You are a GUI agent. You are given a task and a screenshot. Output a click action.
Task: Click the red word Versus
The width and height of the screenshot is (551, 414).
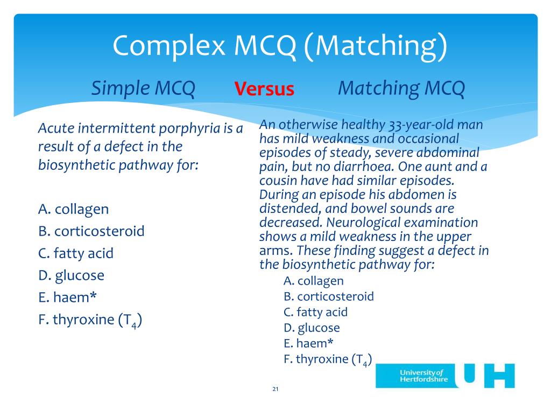click(264, 89)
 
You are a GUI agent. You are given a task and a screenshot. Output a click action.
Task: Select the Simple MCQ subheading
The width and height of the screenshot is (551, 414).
click(143, 88)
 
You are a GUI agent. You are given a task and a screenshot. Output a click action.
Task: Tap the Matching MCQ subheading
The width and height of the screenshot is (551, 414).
click(401, 88)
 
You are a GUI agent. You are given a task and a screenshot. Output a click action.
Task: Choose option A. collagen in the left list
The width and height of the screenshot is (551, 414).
click(74, 209)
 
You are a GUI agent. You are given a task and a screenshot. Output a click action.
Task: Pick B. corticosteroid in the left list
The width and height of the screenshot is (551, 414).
click(91, 231)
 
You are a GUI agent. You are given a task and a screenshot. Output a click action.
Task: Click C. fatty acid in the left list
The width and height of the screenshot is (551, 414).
click(76, 253)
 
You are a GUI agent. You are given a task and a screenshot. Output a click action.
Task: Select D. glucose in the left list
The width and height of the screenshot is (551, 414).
click(72, 275)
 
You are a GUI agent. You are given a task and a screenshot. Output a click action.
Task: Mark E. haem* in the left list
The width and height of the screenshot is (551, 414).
click(67, 298)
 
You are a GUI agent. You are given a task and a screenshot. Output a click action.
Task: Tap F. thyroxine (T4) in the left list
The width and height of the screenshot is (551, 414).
click(90, 320)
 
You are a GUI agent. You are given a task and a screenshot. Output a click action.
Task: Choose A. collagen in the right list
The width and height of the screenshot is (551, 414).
click(313, 280)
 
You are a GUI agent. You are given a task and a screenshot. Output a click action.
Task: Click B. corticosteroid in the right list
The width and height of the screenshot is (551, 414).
click(328, 296)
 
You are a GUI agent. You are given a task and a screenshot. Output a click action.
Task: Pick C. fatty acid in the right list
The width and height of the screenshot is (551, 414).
click(315, 312)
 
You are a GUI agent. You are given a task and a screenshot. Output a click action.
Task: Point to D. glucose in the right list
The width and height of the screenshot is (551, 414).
click(312, 327)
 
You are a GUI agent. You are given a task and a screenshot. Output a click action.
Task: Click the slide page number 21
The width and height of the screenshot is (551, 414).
click(275, 389)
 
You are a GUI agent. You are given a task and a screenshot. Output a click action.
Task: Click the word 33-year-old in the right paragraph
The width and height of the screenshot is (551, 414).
click(419, 125)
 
